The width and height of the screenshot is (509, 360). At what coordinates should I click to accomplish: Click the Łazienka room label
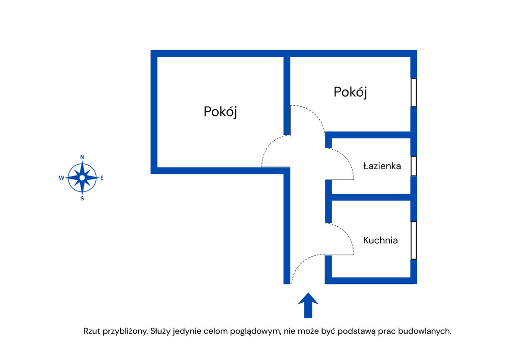tap(382, 166)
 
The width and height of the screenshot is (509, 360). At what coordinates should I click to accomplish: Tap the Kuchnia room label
tap(380, 240)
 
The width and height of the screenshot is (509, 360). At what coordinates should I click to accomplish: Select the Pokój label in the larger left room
tap(220, 111)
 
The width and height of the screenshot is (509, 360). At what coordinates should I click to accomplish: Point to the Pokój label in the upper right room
tap(350, 92)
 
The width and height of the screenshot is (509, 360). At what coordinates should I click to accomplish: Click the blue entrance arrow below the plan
tap(308, 305)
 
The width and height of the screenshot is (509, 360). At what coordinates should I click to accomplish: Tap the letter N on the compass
tap(82, 157)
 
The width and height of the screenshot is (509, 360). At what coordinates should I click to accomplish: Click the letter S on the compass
tap(82, 198)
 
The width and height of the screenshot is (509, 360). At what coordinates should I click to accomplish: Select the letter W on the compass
tap(61, 178)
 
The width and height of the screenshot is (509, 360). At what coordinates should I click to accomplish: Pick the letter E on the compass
tap(102, 178)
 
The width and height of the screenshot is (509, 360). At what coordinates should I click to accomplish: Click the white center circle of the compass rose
tap(82, 178)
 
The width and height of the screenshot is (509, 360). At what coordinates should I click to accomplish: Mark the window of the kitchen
tap(414, 240)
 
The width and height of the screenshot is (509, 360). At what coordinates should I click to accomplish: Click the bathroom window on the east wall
tap(414, 166)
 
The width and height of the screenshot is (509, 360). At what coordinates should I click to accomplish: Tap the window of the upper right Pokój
tap(414, 92)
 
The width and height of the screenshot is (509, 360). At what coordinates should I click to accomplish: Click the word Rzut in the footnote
tap(92, 331)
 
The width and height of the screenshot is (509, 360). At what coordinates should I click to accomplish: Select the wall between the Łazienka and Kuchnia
tap(370, 197)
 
